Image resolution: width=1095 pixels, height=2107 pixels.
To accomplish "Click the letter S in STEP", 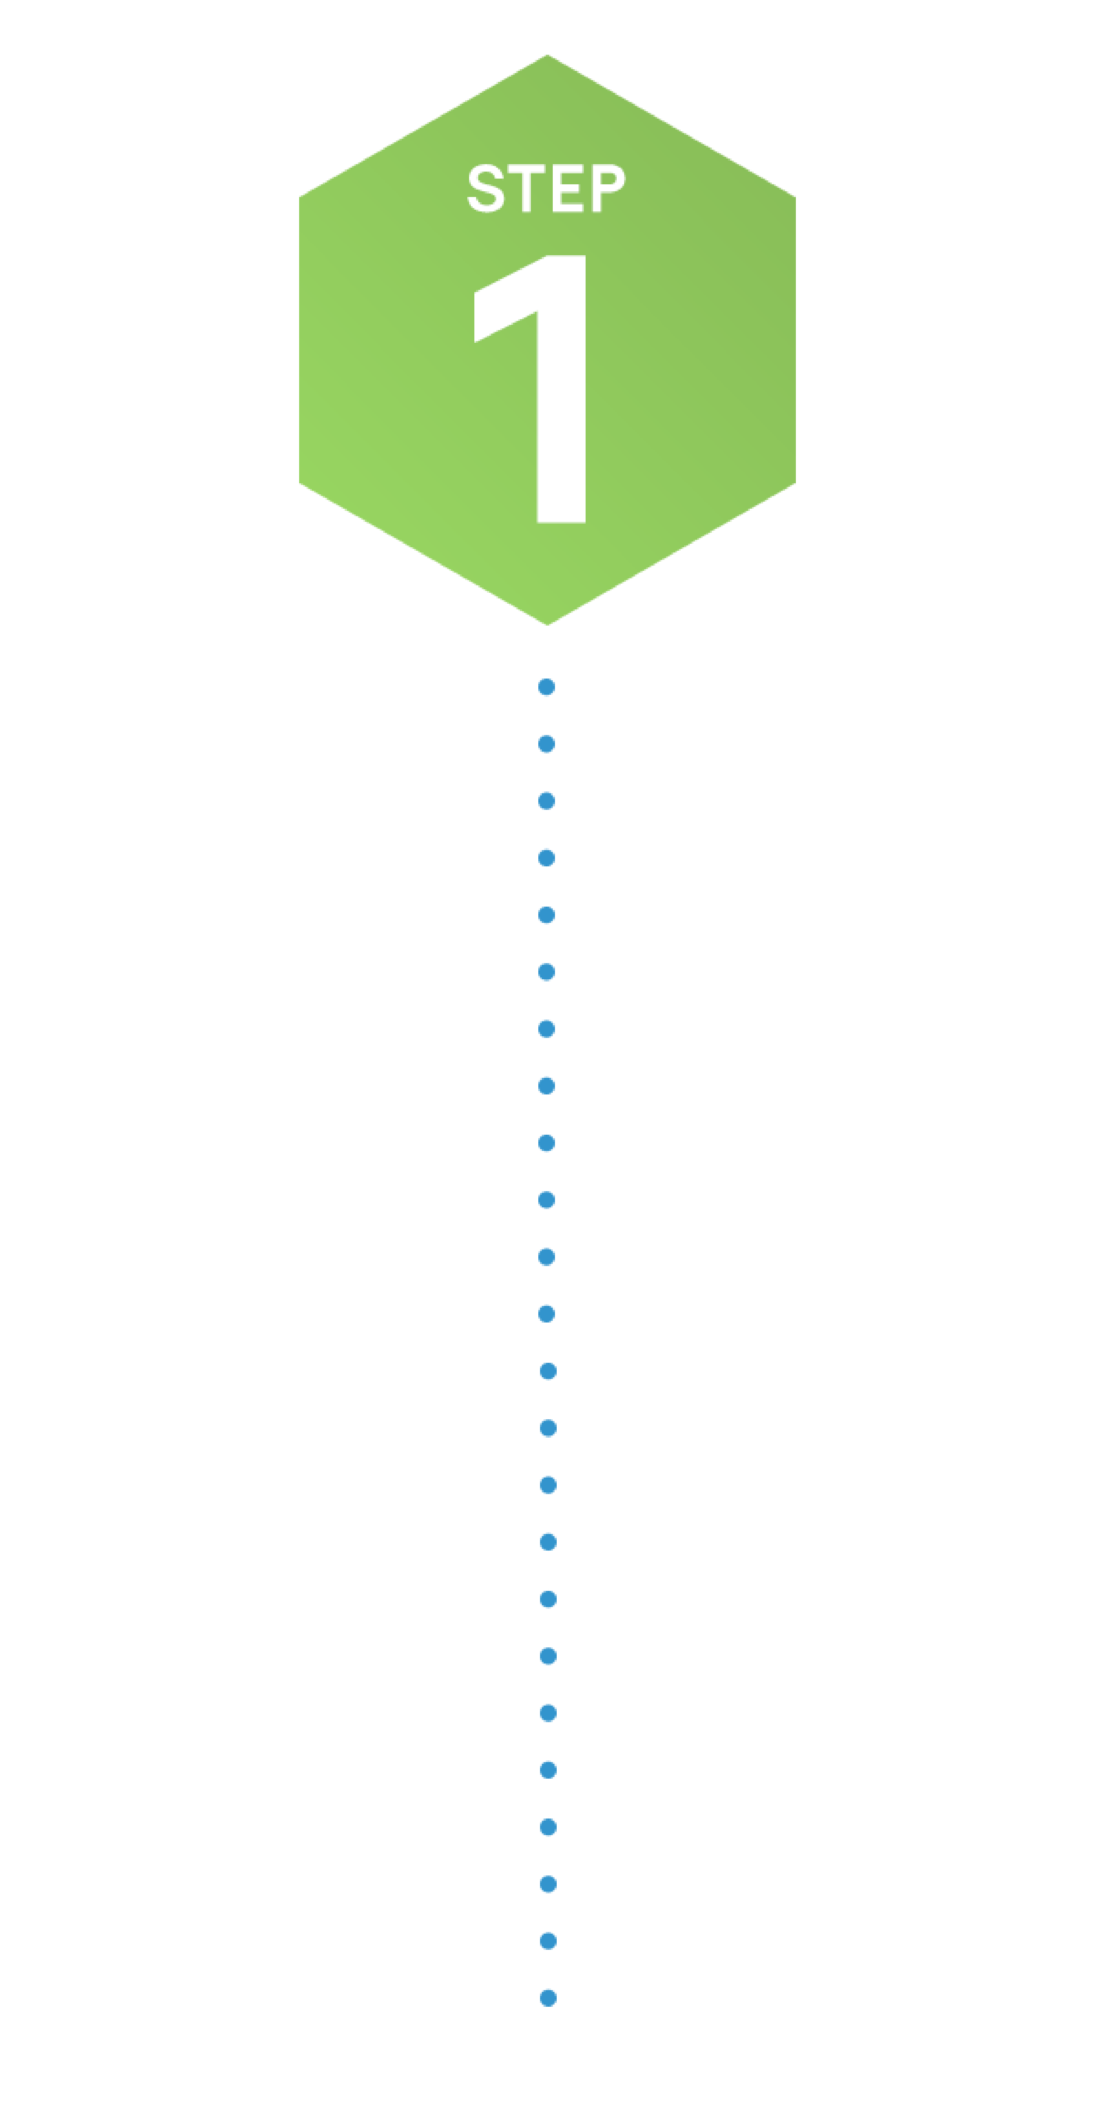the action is (486, 188).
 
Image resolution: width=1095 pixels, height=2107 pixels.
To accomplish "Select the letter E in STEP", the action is (567, 188).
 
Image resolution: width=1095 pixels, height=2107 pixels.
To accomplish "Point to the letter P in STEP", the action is (608, 188).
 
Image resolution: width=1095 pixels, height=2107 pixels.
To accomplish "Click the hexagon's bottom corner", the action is (547, 625).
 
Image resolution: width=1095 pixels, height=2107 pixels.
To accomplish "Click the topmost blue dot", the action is (547, 686).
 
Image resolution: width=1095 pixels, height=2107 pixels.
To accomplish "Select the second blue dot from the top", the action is (547, 743).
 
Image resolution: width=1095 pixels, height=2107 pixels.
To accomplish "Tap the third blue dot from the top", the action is (547, 801).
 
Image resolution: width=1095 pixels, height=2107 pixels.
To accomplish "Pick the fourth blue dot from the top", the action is (547, 858).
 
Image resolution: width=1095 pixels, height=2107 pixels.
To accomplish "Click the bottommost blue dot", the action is (548, 1998).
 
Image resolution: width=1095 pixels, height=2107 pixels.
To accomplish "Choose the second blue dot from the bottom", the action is (548, 1941).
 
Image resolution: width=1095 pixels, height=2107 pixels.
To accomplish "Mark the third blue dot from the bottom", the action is (548, 1884).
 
